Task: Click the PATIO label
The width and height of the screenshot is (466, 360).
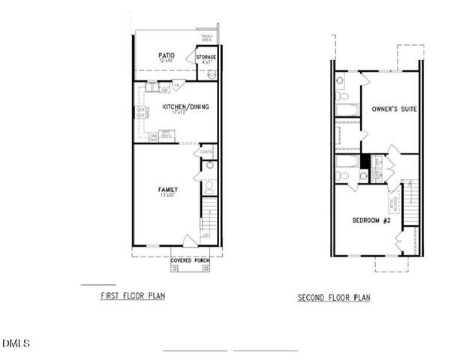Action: pyautogui.click(x=167, y=55)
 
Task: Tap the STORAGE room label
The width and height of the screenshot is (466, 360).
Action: pyautogui.click(x=206, y=57)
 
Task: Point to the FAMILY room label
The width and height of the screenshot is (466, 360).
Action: pyautogui.click(x=167, y=189)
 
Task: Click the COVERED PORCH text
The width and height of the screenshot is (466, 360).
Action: pyautogui.click(x=189, y=260)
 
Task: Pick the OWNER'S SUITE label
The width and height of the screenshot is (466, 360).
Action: pyautogui.click(x=394, y=109)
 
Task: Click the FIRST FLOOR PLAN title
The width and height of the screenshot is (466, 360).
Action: pyautogui.click(x=133, y=296)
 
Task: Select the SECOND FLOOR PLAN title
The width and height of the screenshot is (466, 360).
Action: pyautogui.click(x=334, y=298)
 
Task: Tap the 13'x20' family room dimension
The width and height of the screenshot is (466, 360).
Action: pyautogui.click(x=167, y=196)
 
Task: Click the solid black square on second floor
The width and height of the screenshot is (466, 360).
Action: pyautogui.click(x=365, y=161)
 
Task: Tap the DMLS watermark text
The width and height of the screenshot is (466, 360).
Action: pyautogui.click(x=15, y=343)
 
